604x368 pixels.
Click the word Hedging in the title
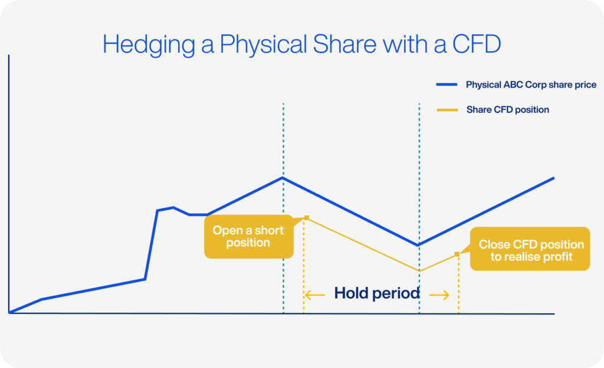pyautogui.click(x=149, y=45)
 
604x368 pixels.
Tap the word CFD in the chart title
pyautogui.click(x=477, y=44)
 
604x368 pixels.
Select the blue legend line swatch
pyautogui.click(x=447, y=85)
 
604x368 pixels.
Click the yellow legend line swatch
pyautogui.click(x=447, y=110)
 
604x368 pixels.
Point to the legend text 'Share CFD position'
pyautogui.click(x=508, y=110)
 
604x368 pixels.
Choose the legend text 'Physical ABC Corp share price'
pyautogui.click(x=531, y=85)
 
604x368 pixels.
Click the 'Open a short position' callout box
pyautogui.click(x=249, y=237)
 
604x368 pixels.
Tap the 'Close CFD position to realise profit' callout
pyautogui.click(x=530, y=249)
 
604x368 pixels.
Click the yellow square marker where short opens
pyautogui.click(x=307, y=218)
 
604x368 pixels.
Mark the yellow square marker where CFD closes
pyautogui.click(x=457, y=254)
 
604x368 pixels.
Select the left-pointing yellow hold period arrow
pyautogui.click(x=314, y=296)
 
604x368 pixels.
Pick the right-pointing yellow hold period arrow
pyautogui.click(x=439, y=296)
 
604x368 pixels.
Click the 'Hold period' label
pyautogui.click(x=377, y=293)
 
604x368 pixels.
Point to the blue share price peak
pyautogui.click(x=283, y=178)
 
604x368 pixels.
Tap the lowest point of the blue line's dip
pyautogui.click(x=418, y=245)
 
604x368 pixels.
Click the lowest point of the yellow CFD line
pyautogui.click(x=419, y=271)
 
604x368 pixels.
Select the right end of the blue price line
pyautogui.click(x=554, y=178)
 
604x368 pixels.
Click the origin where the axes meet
pyautogui.click(x=9, y=313)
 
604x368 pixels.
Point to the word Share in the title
pyautogui.click(x=344, y=44)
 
